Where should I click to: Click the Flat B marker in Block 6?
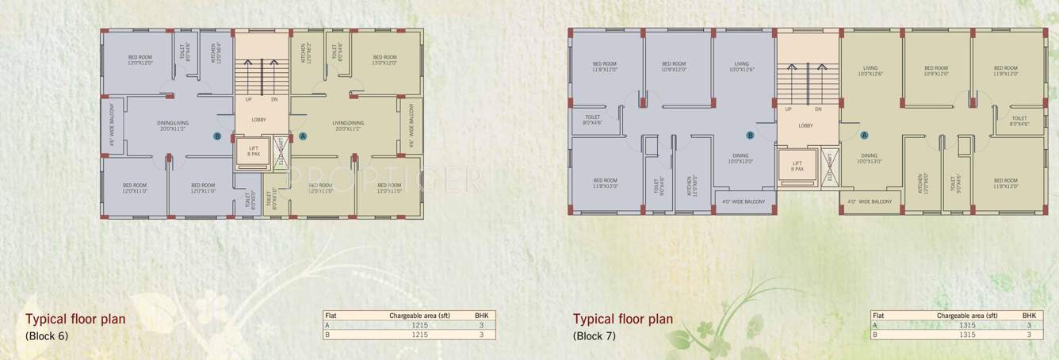tap(217, 136)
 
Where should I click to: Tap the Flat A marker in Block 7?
tap(865, 136)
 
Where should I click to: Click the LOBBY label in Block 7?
tap(805, 125)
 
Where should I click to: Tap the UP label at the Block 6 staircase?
tap(248, 100)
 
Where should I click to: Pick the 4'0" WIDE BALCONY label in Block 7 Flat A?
tap(870, 201)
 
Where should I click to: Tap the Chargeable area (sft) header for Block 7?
tap(963, 315)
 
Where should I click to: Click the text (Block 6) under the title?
tap(47, 335)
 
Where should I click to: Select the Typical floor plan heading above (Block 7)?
tap(622, 320)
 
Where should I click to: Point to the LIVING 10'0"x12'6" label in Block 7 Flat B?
tap(742, 67)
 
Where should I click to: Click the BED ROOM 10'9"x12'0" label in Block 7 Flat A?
tap(935, 71)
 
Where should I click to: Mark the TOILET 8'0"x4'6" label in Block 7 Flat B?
tap(594, 121)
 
